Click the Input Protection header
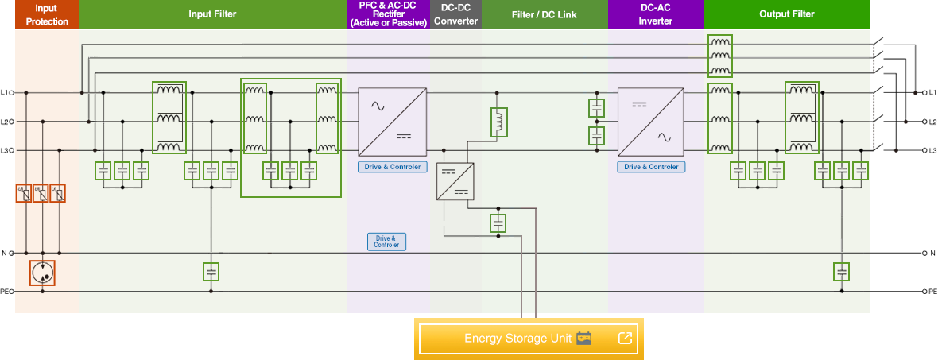(x=47, y=14)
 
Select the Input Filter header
(x=212, y=14)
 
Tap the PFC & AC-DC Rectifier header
(x=388, y=14)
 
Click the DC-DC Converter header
(x=455, y=14)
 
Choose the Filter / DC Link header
(x=545, y=14)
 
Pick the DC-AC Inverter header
(x=655, y=14)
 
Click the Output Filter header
(x=786, y=14)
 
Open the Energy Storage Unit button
(x=517, y=339)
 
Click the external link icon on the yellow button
(x=625, y=339)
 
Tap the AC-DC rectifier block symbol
(x=393, y=122)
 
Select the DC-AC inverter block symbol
(x=651, y=122)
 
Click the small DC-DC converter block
(x=455, y=180)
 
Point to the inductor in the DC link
(x=499, y=122)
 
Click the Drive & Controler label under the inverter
(x=651, y=167)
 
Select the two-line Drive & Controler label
(x=386, y=242)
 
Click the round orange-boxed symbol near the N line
(x=42, y=273)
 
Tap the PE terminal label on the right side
(x=932, y=292)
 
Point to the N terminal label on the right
(x=932, y=254)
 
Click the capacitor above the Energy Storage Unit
(x=498, y=223)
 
